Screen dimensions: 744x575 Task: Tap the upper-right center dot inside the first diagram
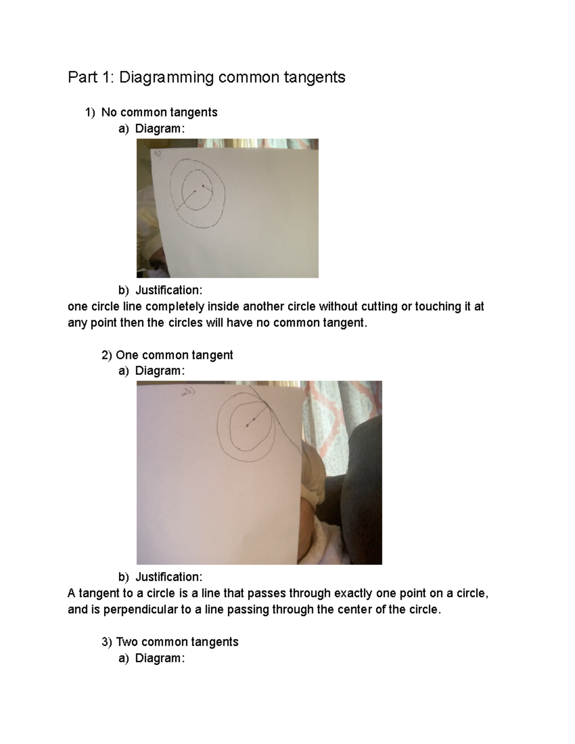coord(203,185)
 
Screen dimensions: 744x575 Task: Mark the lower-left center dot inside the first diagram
coord(195,191)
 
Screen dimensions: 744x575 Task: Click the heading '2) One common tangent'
coord(167,355)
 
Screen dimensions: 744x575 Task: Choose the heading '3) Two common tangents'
coord(170,641)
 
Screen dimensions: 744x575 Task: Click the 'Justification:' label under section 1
coord(169,290)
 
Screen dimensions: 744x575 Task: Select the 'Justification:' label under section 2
coord(169,577)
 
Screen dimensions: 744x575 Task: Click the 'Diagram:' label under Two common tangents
coord(160,658)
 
